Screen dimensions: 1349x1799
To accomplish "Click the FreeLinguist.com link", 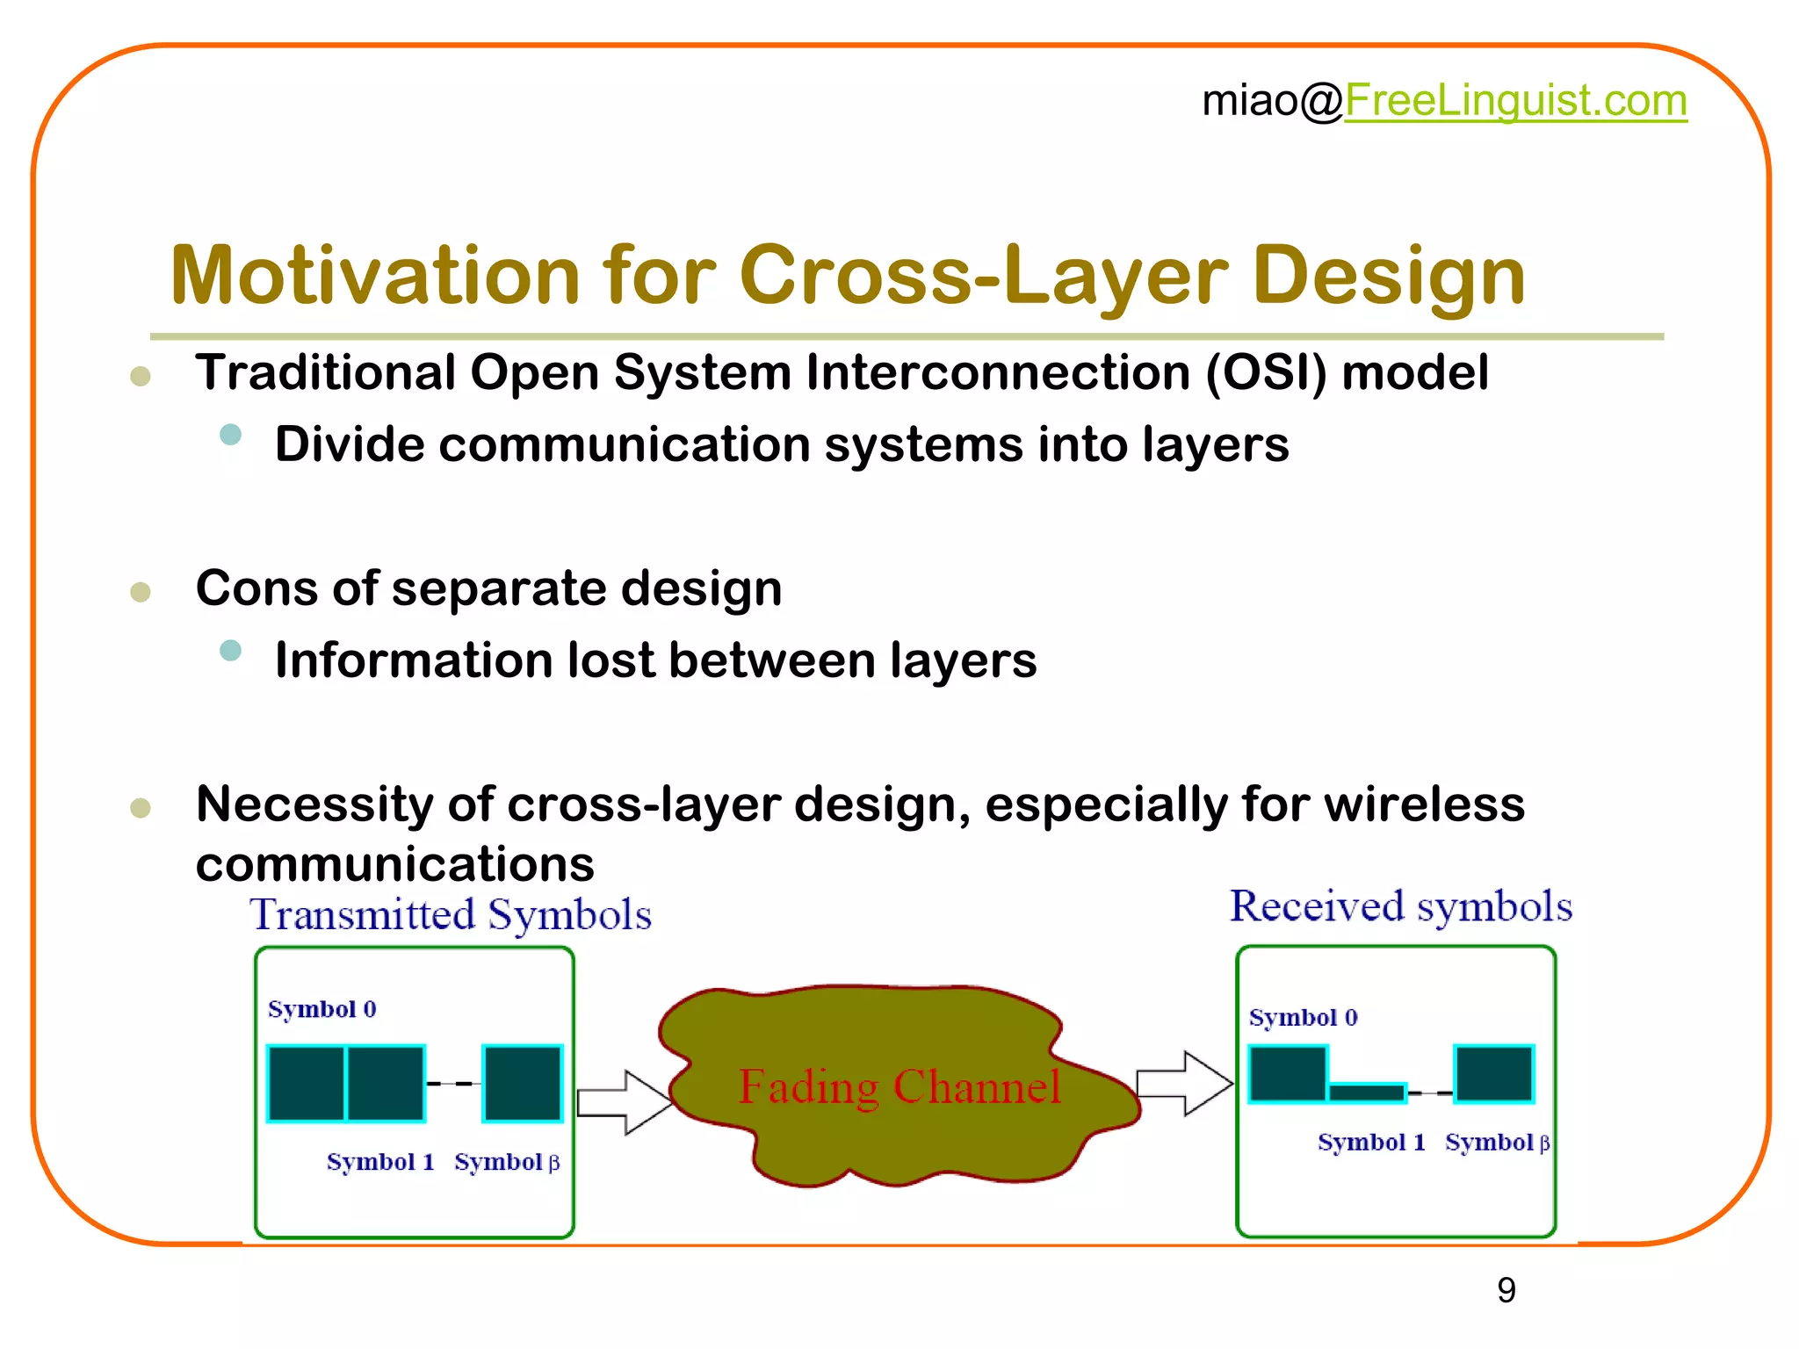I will click(1515, 100).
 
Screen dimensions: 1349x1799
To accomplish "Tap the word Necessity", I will click(314, 804).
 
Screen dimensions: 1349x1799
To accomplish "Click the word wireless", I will click(1423, 804).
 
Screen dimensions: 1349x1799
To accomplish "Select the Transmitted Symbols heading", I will click(451, 915).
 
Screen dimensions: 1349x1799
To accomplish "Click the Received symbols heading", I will click(1400, 906).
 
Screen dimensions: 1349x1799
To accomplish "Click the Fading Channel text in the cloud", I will click(899, 1087).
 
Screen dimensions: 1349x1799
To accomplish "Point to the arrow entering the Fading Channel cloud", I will click(625, 1102).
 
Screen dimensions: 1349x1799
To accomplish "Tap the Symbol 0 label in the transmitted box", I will click(322, 1009).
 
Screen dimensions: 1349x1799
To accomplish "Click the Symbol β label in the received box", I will click(1497, 1142).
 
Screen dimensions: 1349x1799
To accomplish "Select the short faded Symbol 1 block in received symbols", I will click(1367, 1093).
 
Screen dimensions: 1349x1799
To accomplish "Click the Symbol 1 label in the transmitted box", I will click(380, 1162).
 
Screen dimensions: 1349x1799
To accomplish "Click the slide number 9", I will click(1506, 1290).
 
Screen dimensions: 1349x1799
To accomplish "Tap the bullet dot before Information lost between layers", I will click(231, 651).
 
